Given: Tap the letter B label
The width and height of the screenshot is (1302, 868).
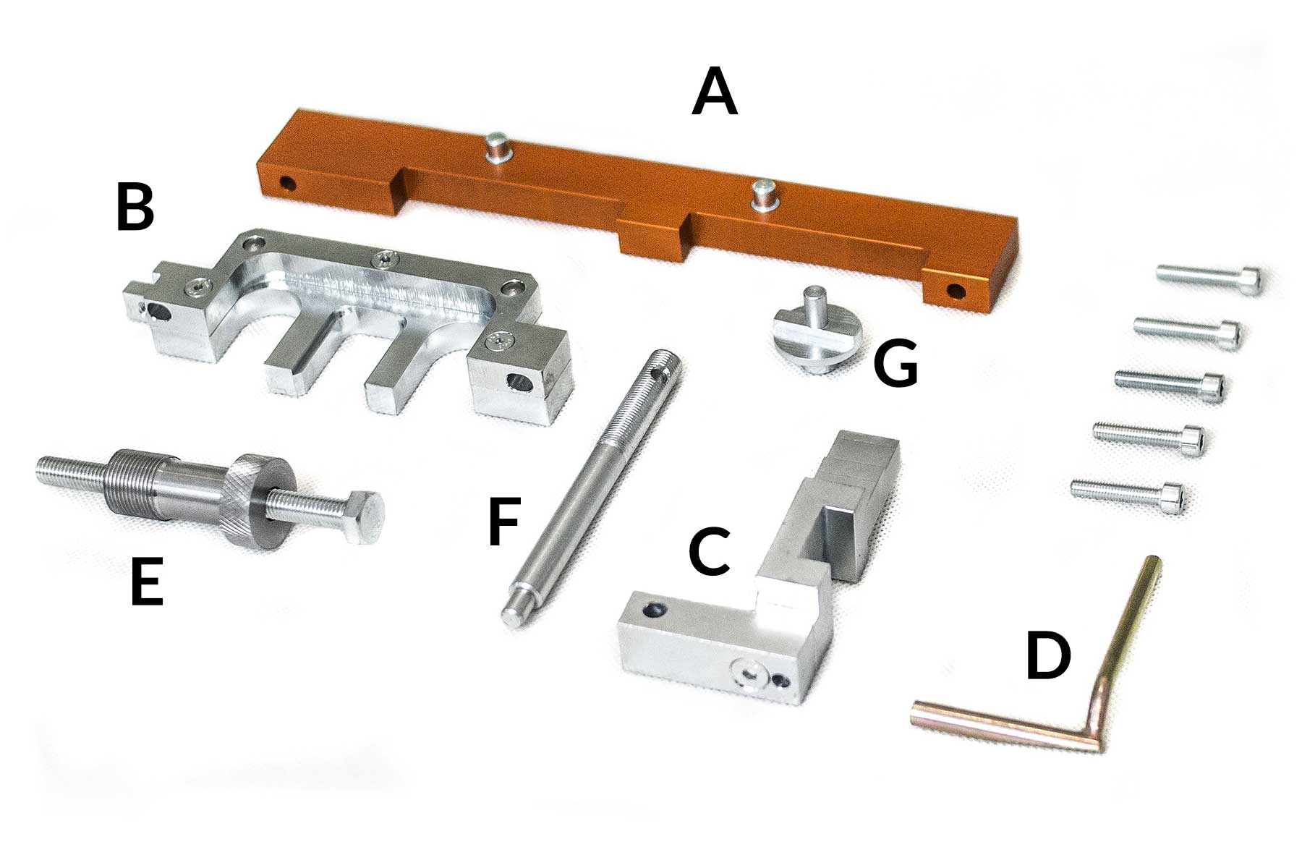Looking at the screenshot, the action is pyautogui.click(x=136, y=208).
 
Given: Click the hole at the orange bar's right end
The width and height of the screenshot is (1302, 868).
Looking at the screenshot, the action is pyautogui.click(x=957, y=291).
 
